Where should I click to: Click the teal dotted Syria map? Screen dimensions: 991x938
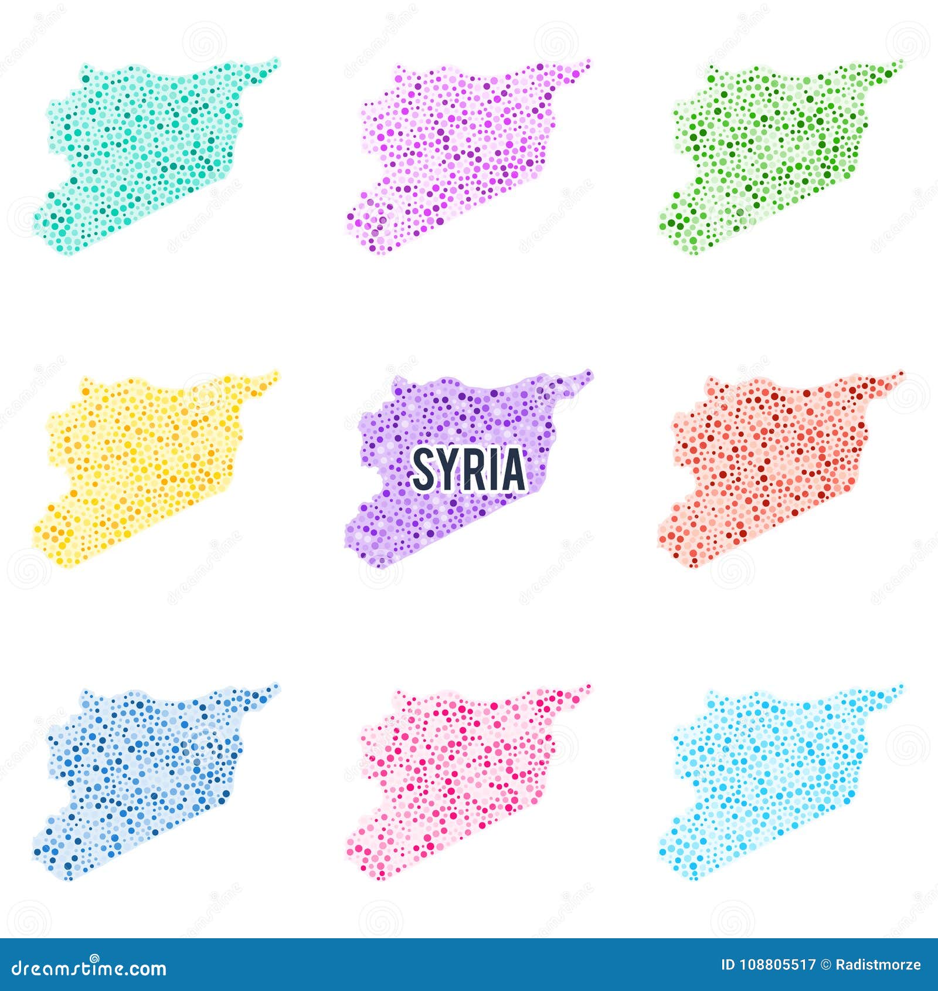[x=147, y=152]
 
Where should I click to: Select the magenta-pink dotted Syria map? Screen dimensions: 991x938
[x=457, y=152]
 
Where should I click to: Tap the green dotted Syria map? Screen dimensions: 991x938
[x=768, y=152]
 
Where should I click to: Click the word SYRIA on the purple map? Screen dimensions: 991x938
[x=468, y=469]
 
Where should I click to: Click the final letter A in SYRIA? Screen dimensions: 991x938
[x=512, y=469]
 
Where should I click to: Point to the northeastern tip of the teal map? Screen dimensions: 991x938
[x=275, y=61]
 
